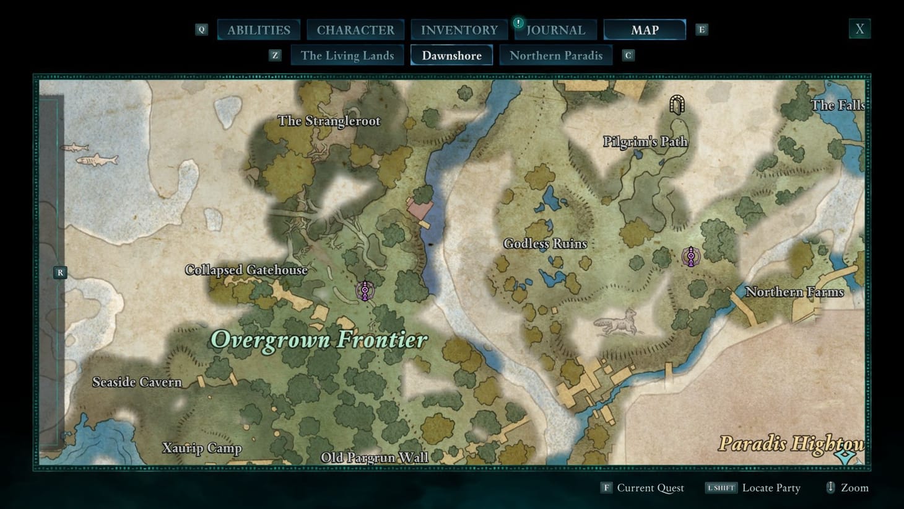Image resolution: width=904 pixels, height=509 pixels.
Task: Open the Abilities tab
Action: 258,30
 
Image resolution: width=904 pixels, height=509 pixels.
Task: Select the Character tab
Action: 355,30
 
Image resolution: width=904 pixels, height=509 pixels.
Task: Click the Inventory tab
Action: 459,30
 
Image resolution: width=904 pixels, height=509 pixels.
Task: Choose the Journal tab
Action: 555,30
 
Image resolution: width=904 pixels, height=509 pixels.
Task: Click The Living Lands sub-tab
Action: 347,55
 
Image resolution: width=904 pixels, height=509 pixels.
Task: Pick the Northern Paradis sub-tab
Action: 555,55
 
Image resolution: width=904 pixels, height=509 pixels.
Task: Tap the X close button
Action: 859,29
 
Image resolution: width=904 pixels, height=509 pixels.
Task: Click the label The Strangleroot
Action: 329,121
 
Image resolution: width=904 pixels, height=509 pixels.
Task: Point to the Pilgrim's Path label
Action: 645,142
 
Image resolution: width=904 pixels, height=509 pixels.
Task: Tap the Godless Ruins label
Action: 545,244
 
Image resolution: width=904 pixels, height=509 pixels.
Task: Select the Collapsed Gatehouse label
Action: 246,270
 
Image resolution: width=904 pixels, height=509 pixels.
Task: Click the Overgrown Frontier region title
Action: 319,340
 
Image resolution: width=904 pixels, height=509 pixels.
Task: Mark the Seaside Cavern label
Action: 137,382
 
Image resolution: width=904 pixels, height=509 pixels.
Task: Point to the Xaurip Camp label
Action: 201,448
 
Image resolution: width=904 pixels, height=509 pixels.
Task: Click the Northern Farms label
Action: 794,292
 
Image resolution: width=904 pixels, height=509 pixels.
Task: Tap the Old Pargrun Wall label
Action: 374,458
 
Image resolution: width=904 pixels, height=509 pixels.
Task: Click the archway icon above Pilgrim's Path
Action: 677,105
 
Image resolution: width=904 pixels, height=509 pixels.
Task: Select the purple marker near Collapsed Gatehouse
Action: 365,290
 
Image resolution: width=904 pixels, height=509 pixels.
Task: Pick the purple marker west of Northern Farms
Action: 690,256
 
